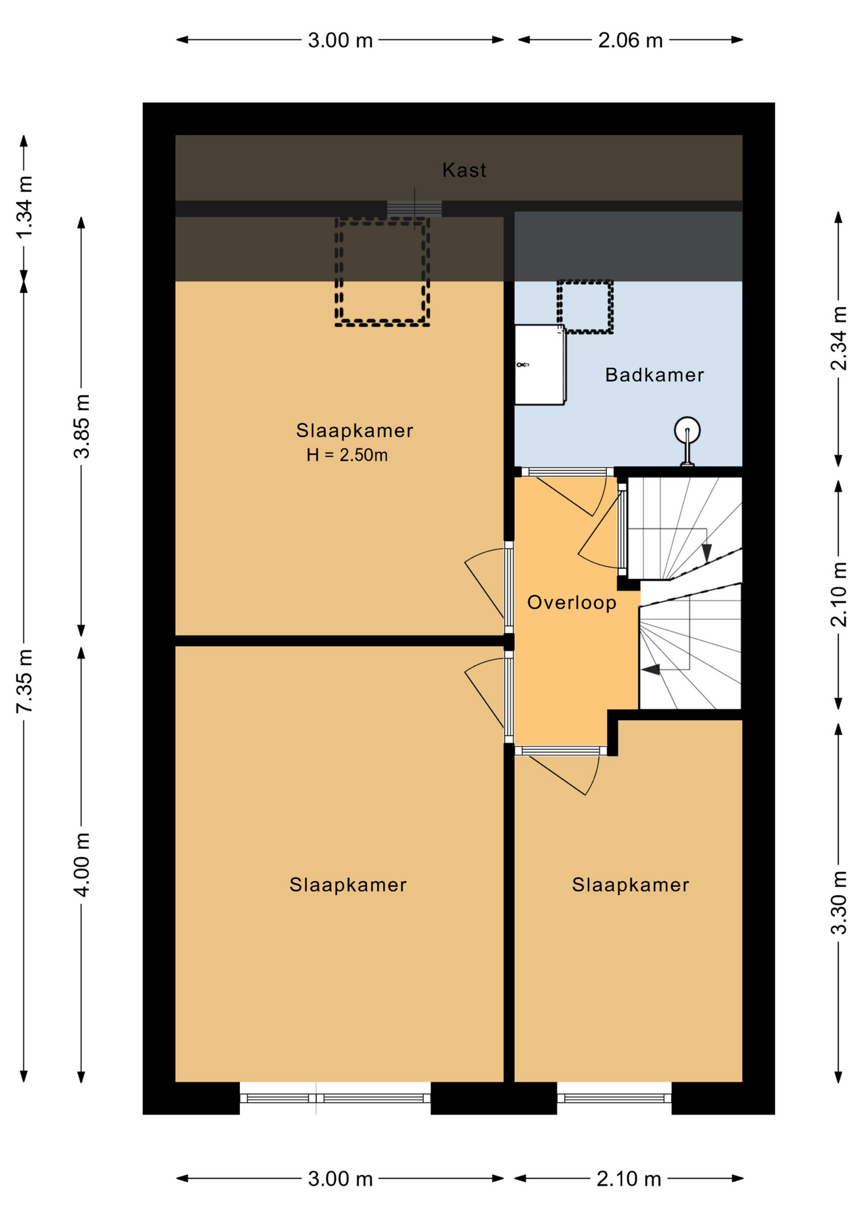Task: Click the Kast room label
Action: pos(464,170)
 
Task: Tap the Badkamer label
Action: pos(654,375)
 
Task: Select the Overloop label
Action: pos(572,602)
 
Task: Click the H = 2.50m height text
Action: pos(347,455)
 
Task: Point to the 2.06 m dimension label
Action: pos(630,41)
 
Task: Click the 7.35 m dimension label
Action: pos(24,681)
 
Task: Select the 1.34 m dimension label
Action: pos(24,207)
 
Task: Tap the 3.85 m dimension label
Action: pos(82,426)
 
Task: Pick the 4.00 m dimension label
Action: pos(82,864)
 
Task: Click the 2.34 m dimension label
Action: pos(839,338)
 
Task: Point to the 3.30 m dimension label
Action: pos(839,903)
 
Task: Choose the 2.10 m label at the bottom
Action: pos(629,1179)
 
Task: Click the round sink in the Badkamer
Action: pos(687,430)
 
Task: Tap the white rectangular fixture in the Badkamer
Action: pos(540,365)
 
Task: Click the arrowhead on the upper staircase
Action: pos(706,553)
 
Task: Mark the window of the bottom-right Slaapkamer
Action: pos(614,1098)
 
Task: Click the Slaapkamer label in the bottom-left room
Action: pos(348,885)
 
